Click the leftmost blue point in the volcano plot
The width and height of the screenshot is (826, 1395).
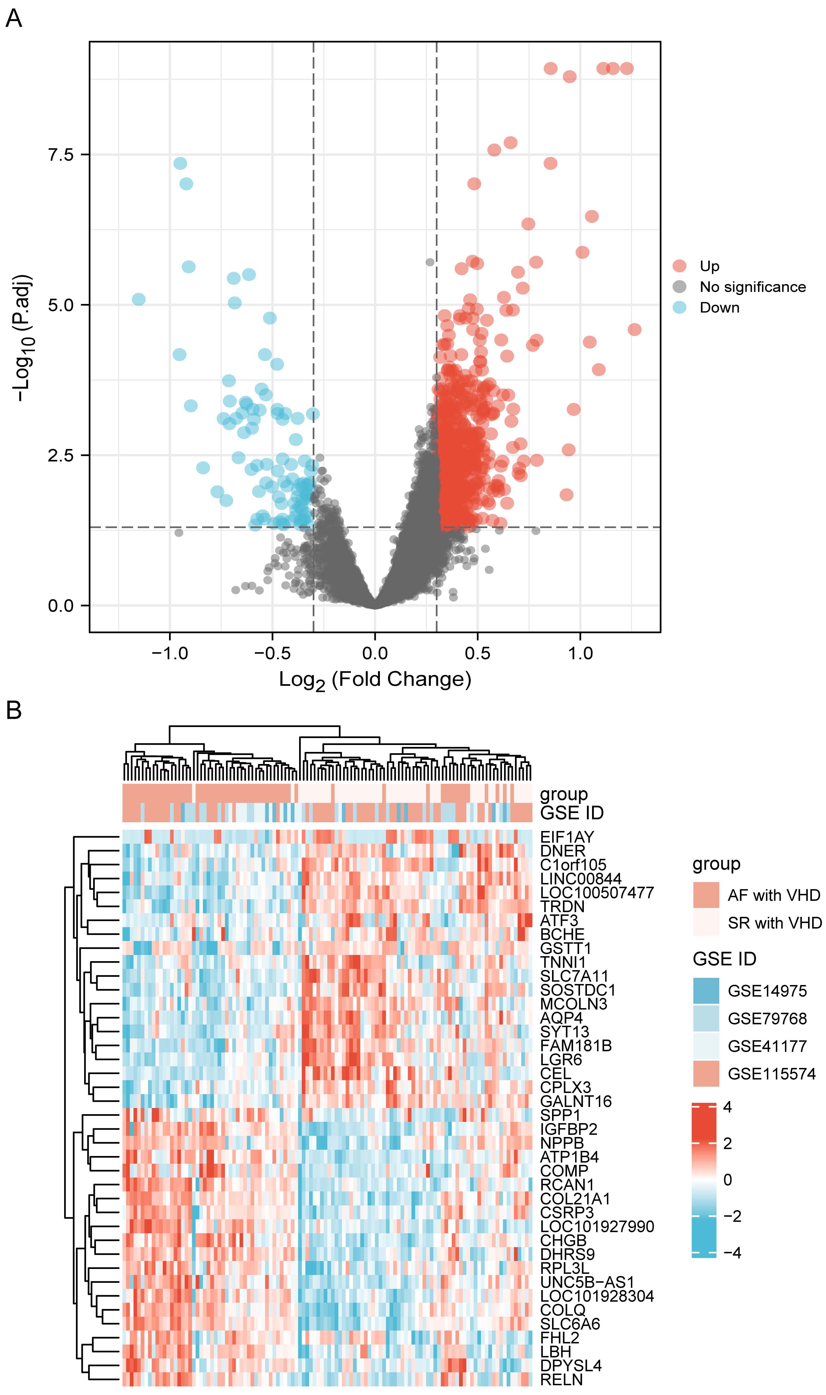pos(139,299)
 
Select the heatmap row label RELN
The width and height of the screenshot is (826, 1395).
pos(561,1379)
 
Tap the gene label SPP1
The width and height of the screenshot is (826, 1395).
pos(560,1115)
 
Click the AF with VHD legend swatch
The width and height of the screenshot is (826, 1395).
pos(706,895)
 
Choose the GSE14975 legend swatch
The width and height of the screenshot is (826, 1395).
pos(706,991)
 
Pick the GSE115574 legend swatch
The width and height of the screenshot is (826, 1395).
pos(706,1074)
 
